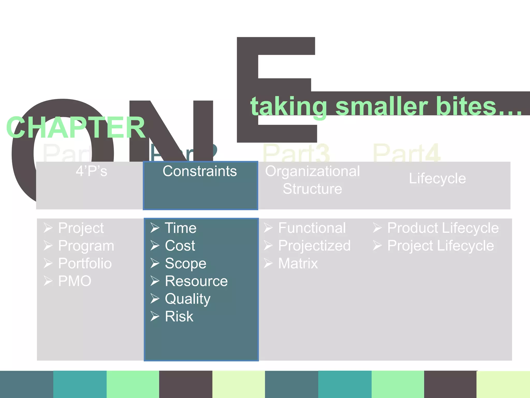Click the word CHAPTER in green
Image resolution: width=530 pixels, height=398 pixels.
[x=76, y=127]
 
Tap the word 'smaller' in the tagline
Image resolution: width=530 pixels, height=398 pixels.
[x=382, y=106]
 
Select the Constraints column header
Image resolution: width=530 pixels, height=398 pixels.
[x=200, y=171]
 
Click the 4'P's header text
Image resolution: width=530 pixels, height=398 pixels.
[x=91, y=171]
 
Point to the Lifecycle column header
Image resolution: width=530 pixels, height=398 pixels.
[x=437, y=179]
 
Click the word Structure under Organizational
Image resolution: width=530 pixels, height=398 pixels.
[x=312, y=189]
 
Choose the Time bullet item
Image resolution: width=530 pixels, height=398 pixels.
[x=181, y=228]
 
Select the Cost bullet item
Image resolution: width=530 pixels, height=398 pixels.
[x=180, y=246]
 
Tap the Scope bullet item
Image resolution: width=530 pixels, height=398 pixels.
[x=186, y=264]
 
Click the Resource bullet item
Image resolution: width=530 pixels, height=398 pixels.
[x=196, y=281]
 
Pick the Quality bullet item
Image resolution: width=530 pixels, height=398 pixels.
[x=188, y=299]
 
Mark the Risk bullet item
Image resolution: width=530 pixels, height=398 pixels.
[x=179, y=316]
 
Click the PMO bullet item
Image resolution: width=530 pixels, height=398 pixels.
[x=75, y=281]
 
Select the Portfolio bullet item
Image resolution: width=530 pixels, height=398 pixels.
[x=85, y=264]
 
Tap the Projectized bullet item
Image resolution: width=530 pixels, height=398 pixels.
[x=314, y=246]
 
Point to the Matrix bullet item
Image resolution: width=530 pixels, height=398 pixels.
[x=298, y=264]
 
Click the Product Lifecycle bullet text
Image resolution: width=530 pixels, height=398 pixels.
[x=443, y=228]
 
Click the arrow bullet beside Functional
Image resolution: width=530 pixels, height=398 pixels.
[x=268, y=228]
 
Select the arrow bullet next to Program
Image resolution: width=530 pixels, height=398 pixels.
[x=48, y=246]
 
